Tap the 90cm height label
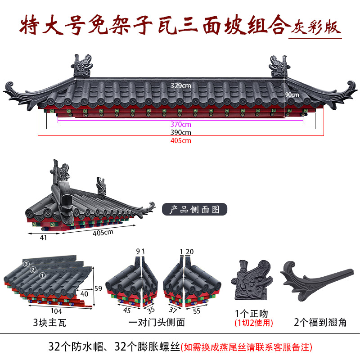click(x=292, y=95)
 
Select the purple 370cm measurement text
click(x=180, y=124)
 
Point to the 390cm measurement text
click(x=180, y=132)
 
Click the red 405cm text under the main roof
click(x=180, y=140)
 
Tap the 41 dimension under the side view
click(x=44, y=238)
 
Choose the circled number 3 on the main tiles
click(x=27, y=263)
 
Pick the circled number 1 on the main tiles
click(x=43, y=275)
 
